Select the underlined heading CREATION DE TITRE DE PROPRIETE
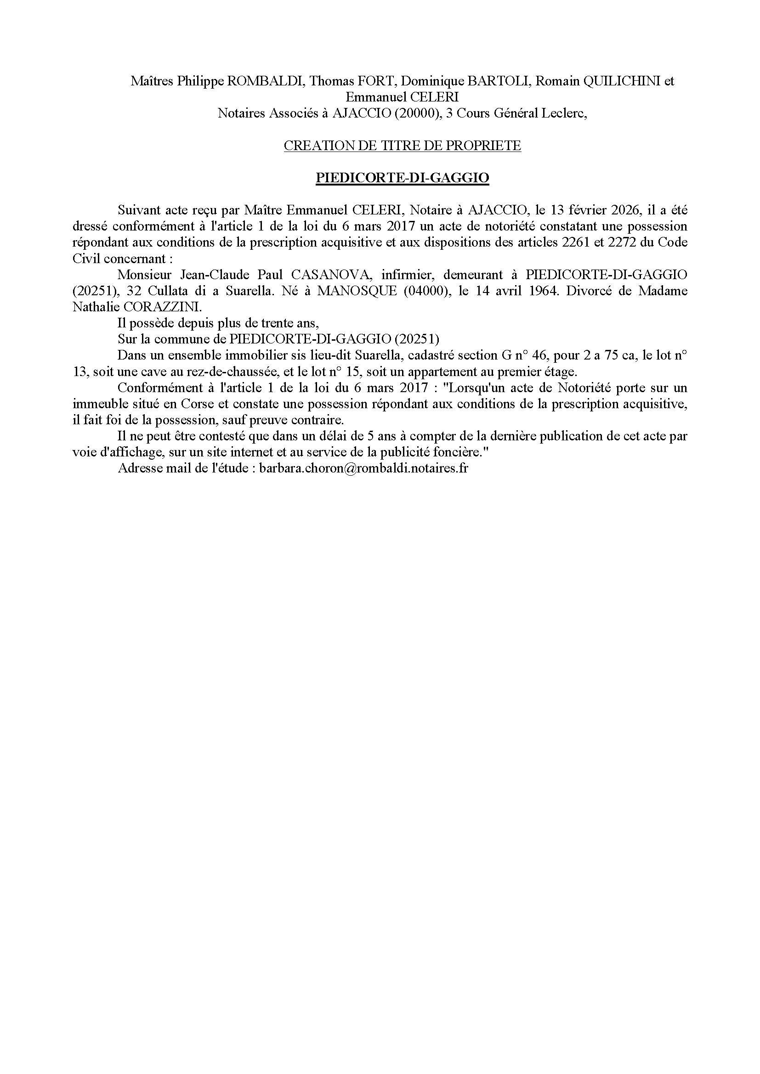click(x=403, y=146)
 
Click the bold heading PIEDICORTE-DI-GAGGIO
click(x=403, y=178)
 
